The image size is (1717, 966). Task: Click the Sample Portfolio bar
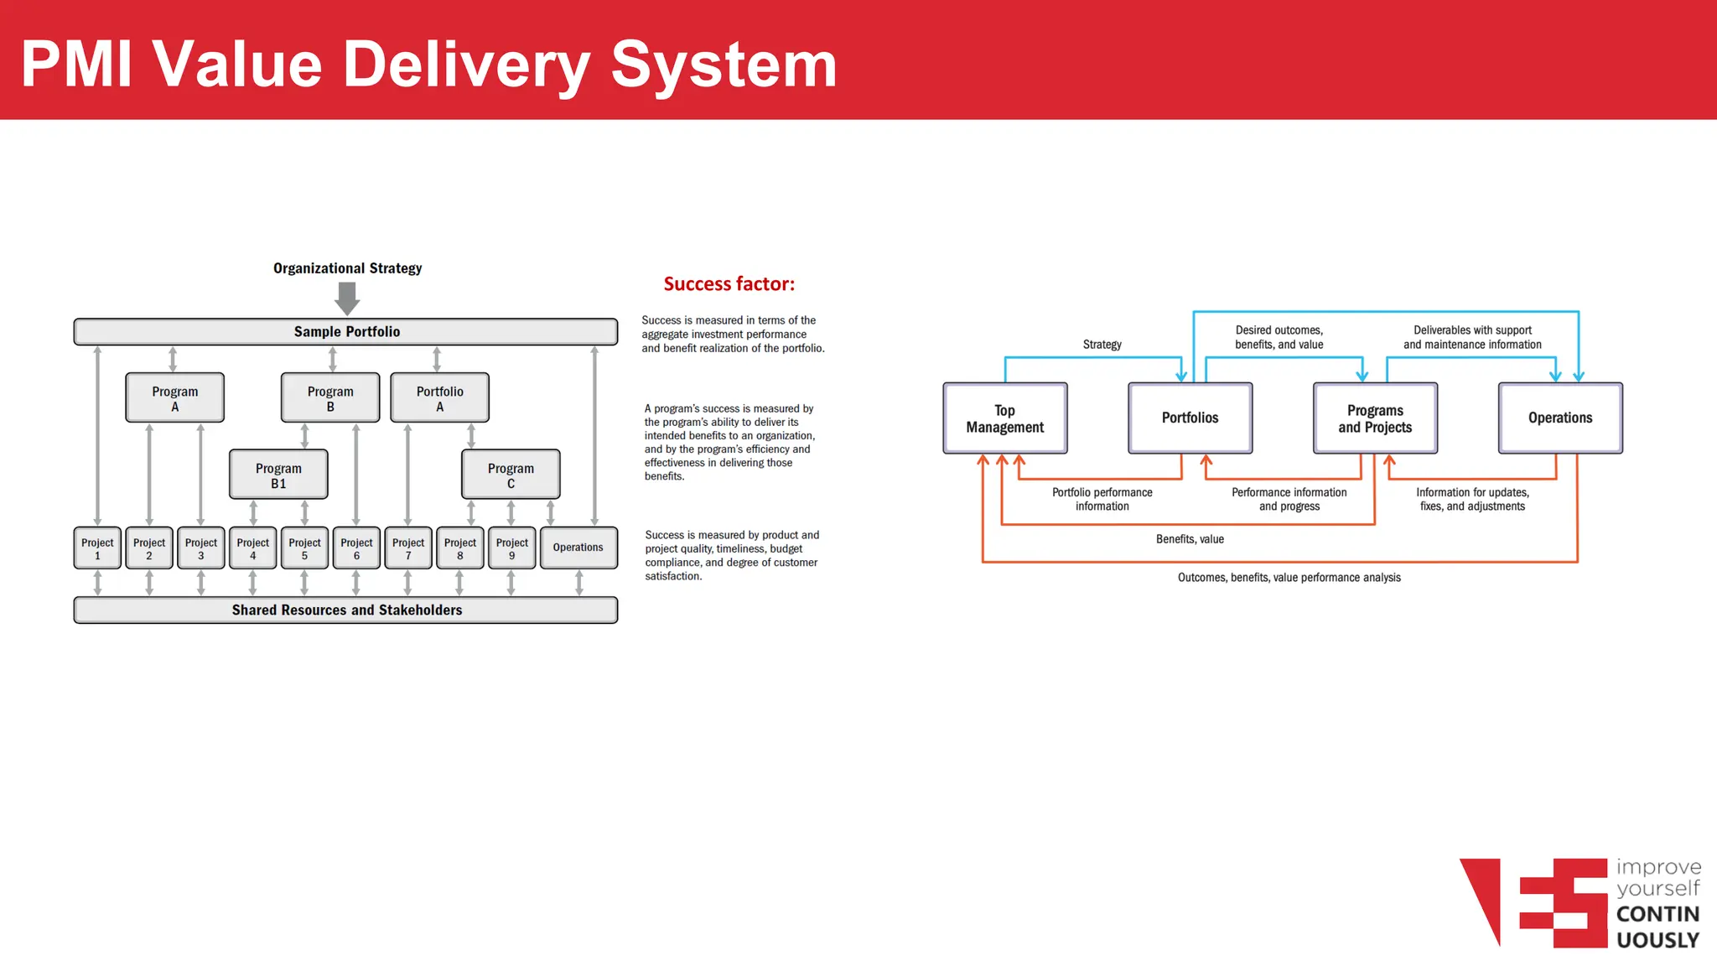[346, 332]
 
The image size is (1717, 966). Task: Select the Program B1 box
[278, 475]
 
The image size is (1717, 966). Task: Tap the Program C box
[511, 475]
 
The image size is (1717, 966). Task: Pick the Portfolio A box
[439, 398]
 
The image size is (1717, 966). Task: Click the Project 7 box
[408, 548]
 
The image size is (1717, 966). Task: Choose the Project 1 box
[97, 548]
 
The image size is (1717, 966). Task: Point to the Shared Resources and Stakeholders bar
[346, 610]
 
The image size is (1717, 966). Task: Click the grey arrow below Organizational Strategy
[347, 298]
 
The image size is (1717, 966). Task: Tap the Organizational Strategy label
[347, 268]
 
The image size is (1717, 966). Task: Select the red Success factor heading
[729, 284]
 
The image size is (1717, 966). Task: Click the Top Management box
[1004, 418]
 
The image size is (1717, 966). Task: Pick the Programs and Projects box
[1375, 418]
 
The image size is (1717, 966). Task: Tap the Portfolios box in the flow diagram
[1190, 418]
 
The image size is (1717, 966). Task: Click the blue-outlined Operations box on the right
[1559, 418]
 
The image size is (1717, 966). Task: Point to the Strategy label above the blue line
[1102, 345]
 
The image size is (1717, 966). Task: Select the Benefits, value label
[1190, 539]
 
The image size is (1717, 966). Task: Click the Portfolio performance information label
[1102, 499]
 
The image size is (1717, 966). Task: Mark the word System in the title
[724, 65]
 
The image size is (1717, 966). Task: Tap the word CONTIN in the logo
[1657, 914]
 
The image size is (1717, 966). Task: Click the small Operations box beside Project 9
[578, 548]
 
